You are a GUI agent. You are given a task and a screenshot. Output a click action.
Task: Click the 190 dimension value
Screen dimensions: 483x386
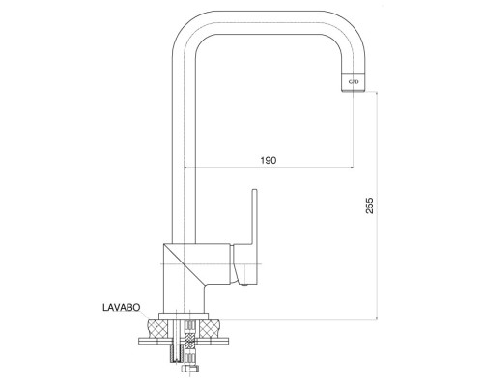pos(269,160)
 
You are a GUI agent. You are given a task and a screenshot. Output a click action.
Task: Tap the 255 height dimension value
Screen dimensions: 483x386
pos(370,206)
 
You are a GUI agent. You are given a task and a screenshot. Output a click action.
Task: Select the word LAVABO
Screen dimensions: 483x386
pos(122,307)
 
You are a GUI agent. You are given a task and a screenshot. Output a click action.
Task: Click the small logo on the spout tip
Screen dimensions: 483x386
pos(354,82)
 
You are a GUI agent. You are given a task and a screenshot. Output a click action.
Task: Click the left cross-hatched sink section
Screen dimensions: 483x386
pos(157,328)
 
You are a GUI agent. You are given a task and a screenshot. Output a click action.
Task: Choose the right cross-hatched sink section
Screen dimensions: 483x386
pos(210,328)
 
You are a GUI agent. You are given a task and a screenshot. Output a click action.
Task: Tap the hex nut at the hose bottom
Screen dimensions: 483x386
pos(190,368)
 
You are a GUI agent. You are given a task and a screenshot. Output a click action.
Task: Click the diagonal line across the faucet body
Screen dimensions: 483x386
pos(184,264)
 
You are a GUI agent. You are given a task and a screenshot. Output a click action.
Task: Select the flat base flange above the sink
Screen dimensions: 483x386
pos(184,317)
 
